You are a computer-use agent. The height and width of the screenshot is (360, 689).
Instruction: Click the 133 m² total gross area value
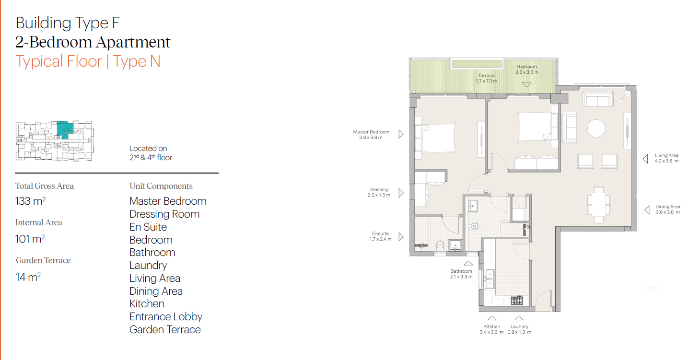point(31,201)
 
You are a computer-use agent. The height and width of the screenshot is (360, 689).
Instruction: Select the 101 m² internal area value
point(30,239)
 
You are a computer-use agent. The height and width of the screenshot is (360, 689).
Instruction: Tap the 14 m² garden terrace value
point(28,277)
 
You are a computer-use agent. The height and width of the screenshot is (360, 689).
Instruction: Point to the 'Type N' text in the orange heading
point(137,61)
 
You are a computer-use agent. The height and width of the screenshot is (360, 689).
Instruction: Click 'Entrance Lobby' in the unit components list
point(166,317)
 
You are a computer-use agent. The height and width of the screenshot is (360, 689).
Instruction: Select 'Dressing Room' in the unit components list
point(164,214)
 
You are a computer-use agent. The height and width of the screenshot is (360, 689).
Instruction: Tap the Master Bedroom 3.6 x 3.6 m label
point(371,135)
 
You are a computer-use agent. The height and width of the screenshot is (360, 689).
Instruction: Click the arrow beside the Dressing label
point(401,193)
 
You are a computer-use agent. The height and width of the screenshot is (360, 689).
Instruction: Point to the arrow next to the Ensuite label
point(401,237)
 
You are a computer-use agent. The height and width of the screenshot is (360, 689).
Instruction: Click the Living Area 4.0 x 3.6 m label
point(666,158)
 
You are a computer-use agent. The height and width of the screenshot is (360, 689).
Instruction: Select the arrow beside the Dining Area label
point(647,210)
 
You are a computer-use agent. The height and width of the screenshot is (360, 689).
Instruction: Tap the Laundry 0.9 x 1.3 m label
point(519,329)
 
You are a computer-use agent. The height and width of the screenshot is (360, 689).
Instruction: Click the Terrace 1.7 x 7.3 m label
point(486,78)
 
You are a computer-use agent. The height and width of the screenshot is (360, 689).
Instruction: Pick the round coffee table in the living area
point(596,128)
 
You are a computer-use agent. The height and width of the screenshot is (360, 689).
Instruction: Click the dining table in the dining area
point(598,204)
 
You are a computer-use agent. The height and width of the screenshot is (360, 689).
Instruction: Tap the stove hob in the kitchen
point(517,301)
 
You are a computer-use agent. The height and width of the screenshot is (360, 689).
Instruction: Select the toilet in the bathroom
point(474,226)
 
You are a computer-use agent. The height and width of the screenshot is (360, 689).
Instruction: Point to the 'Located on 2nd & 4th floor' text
point(151,153)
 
